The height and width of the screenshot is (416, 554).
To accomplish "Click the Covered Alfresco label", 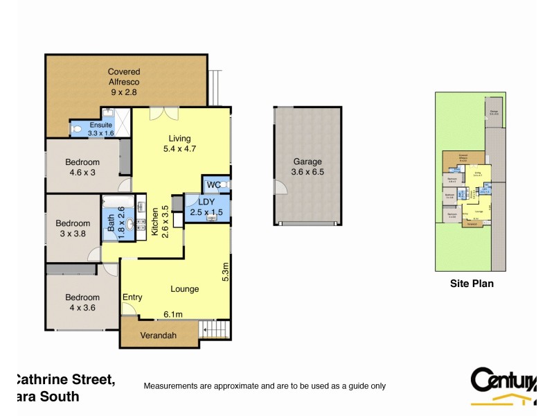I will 124,82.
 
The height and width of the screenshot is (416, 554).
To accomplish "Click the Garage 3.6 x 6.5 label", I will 307,166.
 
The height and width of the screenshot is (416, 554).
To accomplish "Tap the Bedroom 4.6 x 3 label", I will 82,168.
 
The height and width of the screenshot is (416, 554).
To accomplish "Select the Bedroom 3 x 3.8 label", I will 73,228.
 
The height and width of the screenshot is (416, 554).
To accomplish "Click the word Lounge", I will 185,289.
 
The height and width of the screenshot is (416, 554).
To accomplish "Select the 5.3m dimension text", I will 224,270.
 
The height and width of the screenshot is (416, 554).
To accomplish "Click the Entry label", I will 132,297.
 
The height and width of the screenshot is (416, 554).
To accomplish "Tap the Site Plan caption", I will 472,283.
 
